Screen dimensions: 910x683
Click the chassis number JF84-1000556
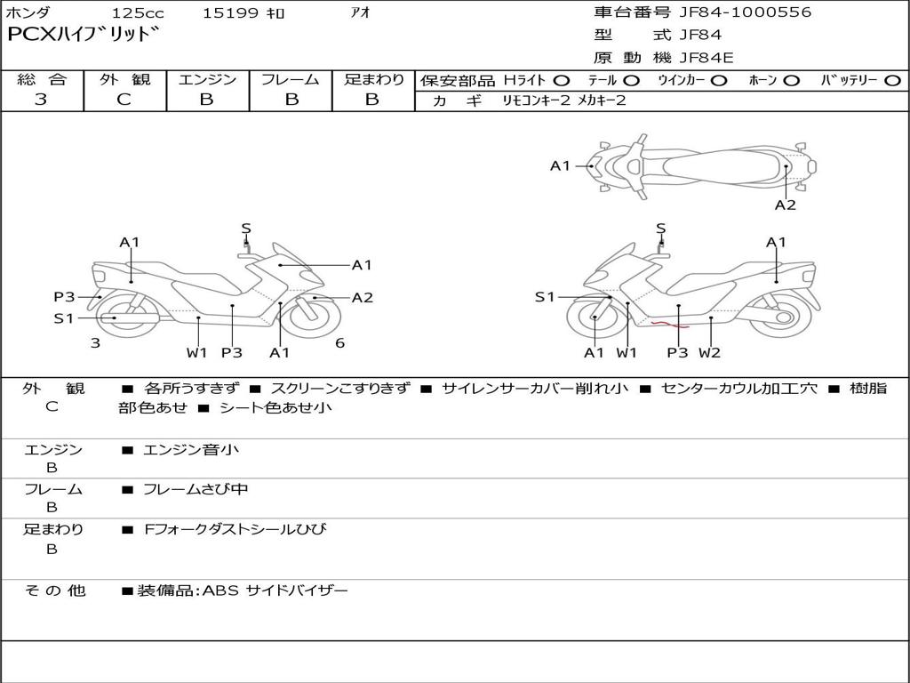[x=732, y=12]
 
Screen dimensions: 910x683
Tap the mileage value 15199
[x=230, y=13]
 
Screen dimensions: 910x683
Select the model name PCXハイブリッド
[x=84, y=36]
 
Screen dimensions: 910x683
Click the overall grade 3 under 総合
[x=41, y=100]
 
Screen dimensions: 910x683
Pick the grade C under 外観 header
[x=124, y=100]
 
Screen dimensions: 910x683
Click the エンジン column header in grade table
[x=207, y=79]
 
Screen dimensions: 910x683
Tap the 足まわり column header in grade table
[x=374, y=79]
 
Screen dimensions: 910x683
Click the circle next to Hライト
[x=562, y=81]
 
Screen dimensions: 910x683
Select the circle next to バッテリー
[x=892, y=81]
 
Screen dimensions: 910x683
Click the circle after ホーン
[x=791, y=81]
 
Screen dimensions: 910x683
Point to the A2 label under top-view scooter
[x=785, y=205]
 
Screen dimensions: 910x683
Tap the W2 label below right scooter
[x=709, y=352]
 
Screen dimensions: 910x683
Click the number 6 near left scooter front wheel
[x=339, y=343]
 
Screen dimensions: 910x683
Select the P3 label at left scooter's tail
[x=64, y=297]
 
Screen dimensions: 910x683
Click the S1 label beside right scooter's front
[x=545, y=297]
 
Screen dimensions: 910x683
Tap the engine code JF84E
[x=706, y=58]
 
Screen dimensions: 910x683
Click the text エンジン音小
[x=191, y=450]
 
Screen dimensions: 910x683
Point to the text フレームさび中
[x=196, y=489]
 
